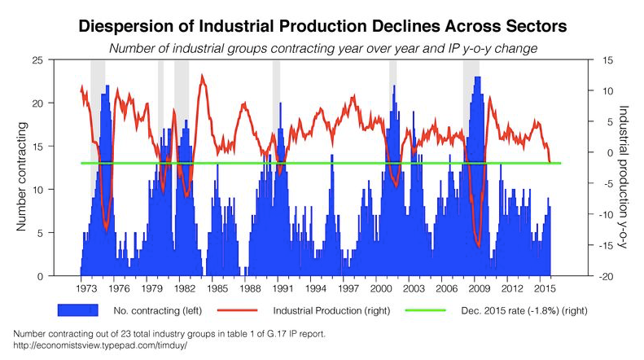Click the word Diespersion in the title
138,26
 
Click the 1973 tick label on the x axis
85,288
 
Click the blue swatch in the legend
77,310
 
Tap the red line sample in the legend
237,310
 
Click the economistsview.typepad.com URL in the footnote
101,345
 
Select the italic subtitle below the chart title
322,49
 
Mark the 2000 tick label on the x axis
380,288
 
